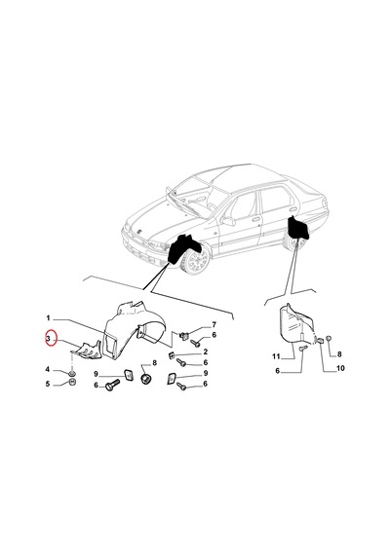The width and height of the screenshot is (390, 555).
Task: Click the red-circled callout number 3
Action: pyautogui.click(x=48, y=339)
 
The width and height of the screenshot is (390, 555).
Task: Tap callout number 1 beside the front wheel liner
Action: pyautogui.click(x=48, y=317)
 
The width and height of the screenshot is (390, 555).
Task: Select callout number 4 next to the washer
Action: pyautogui.click(x=48, y=370)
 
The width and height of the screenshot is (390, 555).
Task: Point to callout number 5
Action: pyautogui.click(x=48, y=384)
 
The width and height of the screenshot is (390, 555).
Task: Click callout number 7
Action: pyautogui.click(x=214, y=324)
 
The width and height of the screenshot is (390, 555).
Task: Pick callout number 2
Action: pyautogui.click(x=206, y=351)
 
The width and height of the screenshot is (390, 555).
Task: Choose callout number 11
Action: pyautogui.click(x=276, y=356)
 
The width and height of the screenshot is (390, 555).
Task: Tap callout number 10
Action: pyautogui.click(x=340, y=368)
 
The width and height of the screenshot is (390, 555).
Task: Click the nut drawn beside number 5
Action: pyautogui.click(x=73, y=383)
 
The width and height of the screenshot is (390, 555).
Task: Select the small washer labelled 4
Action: pyautogui.click(x=72, y=373)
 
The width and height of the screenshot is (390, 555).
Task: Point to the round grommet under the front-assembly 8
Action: pyautogui.click(x=146, y=379)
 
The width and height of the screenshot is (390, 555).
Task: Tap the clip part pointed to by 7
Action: pyautogui.click(x=183, y=335)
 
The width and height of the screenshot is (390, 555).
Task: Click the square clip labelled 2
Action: pyautogui.click(x=171, y=355)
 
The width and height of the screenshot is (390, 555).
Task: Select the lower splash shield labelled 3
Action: pyautogui.click(x=86, y=351)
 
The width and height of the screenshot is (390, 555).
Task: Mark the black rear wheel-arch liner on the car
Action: pyautogui.click(x=298, y=227)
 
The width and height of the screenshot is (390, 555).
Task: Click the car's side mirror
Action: pyautogui.click(x=228, y=221)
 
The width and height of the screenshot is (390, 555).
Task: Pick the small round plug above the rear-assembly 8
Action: pyautogui.click(x=329, y=339)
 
